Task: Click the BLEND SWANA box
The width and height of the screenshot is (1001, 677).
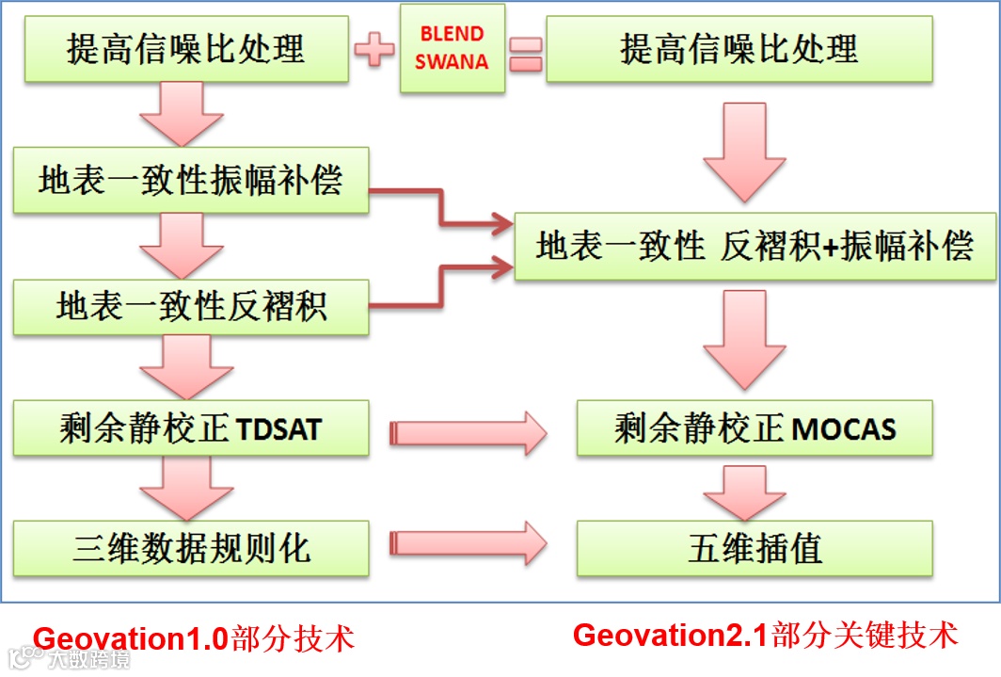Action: coord(452,48)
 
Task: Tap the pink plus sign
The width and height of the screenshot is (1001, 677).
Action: coord(374,49)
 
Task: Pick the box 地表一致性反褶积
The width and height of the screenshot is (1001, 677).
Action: coord(191,305)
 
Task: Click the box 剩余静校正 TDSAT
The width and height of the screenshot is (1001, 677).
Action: coord(191,428)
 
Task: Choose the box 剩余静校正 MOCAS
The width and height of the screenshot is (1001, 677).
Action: coord(755,428)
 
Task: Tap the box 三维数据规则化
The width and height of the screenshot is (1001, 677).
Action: coord(191,547)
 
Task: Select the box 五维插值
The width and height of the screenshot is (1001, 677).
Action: coord(755,547)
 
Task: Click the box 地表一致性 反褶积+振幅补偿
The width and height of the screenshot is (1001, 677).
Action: coord(755,247)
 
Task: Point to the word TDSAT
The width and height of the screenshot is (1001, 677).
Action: coord(279,430)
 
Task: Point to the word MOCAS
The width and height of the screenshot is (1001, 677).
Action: coord(844,430)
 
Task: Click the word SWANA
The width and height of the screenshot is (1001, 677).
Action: coord(452,62)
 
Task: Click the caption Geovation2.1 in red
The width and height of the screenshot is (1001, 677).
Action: coord(671,635)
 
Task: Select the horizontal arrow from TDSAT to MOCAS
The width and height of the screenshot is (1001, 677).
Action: coord(468,432)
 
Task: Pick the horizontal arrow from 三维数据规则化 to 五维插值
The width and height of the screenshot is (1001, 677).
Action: coord(468,543)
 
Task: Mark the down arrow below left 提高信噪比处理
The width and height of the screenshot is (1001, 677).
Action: coord(182,114)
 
